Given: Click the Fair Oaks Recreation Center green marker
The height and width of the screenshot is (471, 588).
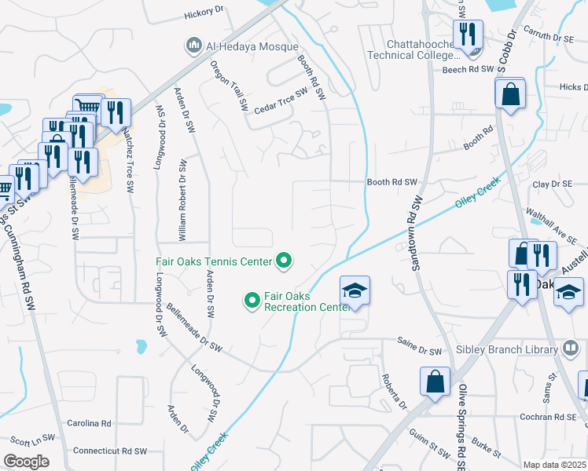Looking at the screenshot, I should [252, 300].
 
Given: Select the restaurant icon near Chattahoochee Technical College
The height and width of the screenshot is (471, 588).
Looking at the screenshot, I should [472, 35].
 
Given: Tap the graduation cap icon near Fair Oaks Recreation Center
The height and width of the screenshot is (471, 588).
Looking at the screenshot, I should [355, 291].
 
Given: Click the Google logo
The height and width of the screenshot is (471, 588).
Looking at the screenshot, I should [26, 461].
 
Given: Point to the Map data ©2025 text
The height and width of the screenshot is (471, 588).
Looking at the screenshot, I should [554, 465].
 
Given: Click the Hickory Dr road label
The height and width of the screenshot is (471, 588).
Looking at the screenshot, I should [204, 13].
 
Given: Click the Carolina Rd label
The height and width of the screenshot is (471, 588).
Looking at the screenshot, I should [90, 423].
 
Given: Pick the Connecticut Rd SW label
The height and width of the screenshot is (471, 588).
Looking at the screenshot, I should [110, 451].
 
